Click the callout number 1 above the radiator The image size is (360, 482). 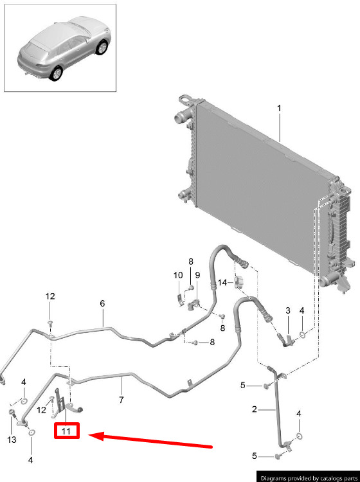coord(279,109)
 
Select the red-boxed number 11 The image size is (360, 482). coord(66,431)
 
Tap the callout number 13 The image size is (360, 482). coord(12,440)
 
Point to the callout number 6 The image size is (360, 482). coord(102,304)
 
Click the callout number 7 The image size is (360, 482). coord(122,400)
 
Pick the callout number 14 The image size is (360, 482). coord(222,282)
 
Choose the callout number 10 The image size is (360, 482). coord(178,275)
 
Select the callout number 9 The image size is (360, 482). coord(197,275)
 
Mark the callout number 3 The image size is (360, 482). coord(288,310)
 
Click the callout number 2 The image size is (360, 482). coord(254,409)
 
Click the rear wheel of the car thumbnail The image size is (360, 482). coord(57,74)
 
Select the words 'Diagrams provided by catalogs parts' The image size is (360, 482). coord(309,478)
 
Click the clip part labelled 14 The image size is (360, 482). coord(239,283)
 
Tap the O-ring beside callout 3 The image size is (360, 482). coord(303,334)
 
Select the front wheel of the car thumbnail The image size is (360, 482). coord(102,48)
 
